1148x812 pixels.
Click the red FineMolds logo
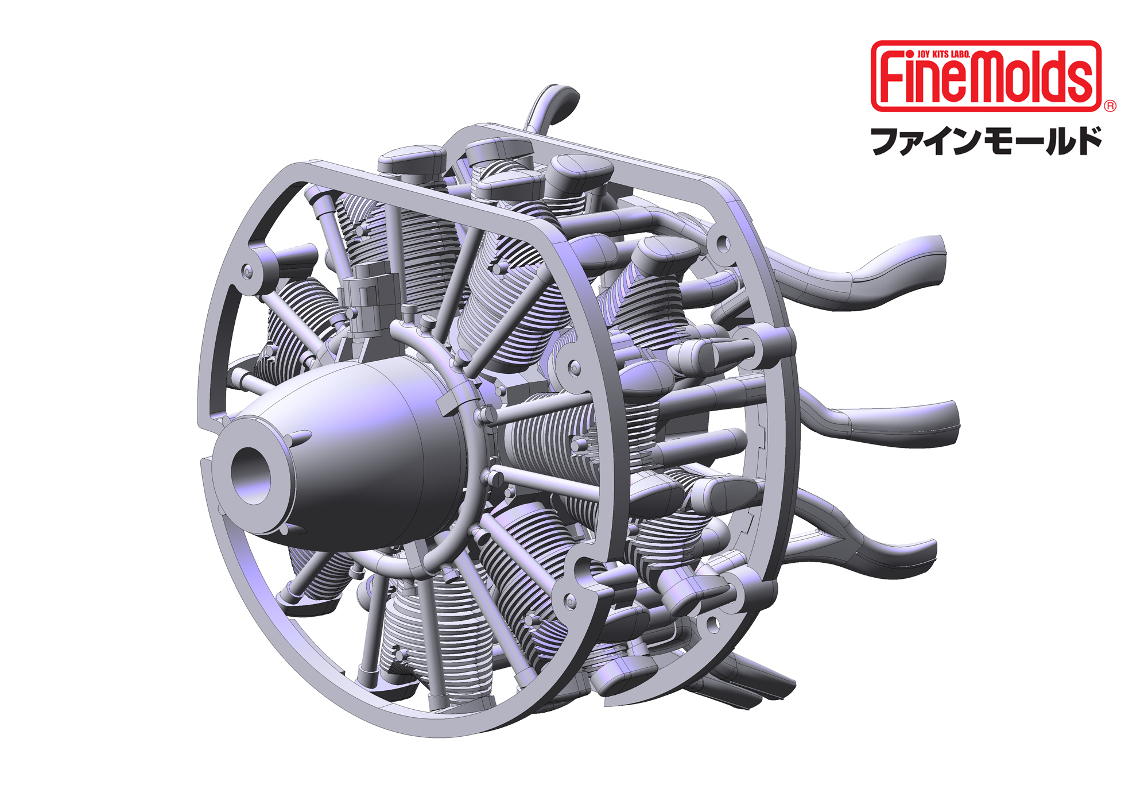986,76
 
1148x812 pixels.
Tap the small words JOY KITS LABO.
944,53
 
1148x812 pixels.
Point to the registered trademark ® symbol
1110,106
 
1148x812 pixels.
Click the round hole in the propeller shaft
252,475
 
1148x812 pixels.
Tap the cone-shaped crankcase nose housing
350,454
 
